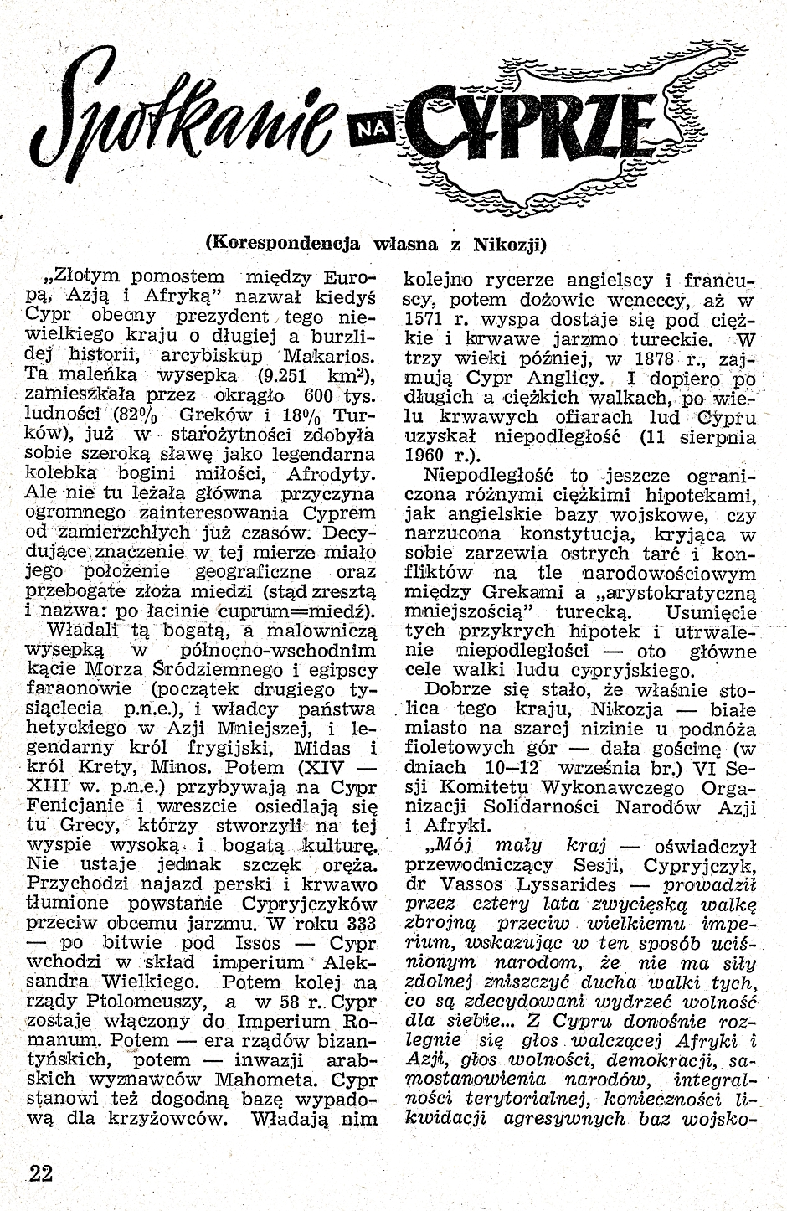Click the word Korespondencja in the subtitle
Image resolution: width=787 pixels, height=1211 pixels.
coord(282,244)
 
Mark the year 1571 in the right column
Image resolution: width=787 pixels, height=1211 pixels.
coord(425,319)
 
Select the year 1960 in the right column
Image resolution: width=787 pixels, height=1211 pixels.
coord(425,456)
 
